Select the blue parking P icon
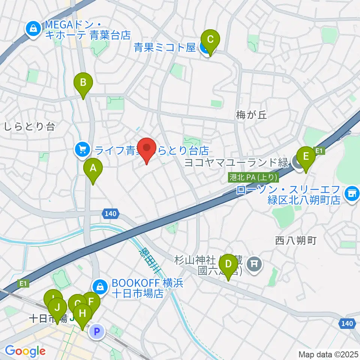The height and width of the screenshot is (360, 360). click(97, 331)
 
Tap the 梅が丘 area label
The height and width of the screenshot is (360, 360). click(252, 115)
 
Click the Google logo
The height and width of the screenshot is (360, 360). click(25, 351)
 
